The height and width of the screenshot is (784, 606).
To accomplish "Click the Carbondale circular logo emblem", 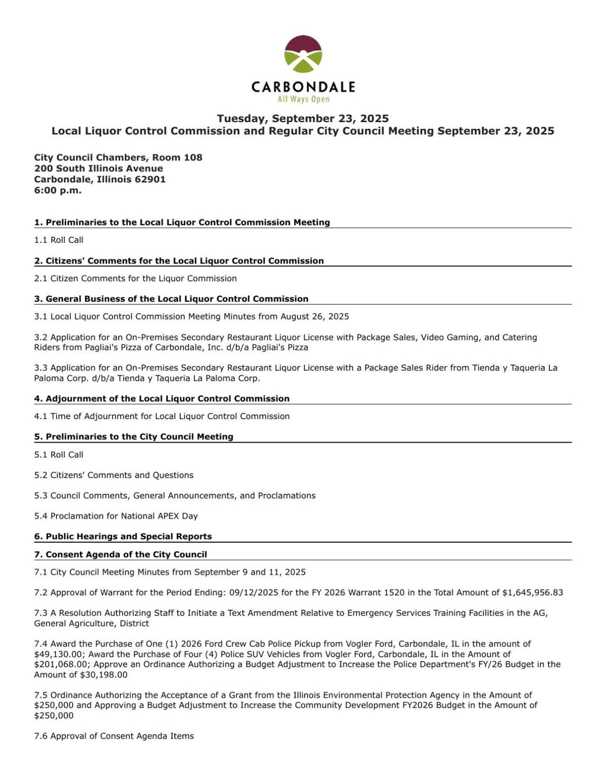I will pyautogui.click(x=303, y=54).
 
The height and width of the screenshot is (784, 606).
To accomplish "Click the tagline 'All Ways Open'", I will pyautogui.click(x=303, y=99).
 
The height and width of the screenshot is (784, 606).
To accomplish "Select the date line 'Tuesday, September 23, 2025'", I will pyautogui.click(x=303, y=119).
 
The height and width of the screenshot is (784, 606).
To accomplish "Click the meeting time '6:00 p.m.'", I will pyautogui.click(x=58, y=190).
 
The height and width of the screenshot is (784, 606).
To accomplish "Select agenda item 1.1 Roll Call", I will pyautogui.click(x=59, y=240).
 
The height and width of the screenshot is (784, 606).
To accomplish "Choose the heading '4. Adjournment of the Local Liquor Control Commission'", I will pyautogui.click(x=162, y=398).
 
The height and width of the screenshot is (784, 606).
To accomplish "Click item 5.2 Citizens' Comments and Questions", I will pyautogui.click(x=114, y=475).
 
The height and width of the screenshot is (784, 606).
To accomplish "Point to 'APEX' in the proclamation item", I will pyautogui.click(x=170, y=516).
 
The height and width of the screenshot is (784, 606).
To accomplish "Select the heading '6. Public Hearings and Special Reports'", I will pyautogui.click(x=123, y=536).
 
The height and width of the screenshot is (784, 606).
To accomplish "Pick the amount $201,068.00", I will pyautogui.click(x=63, y=664).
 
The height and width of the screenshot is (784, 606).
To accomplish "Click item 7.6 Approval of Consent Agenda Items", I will pyautogui.click(x=114, y=736).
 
